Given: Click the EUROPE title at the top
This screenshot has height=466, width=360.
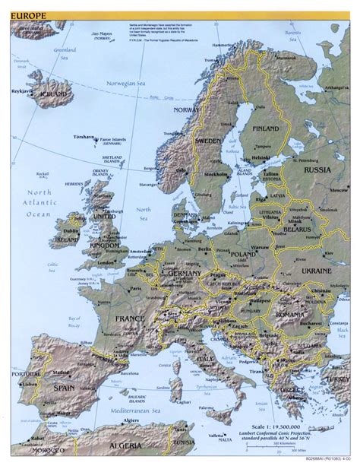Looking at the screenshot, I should click(x=21, y=5).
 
